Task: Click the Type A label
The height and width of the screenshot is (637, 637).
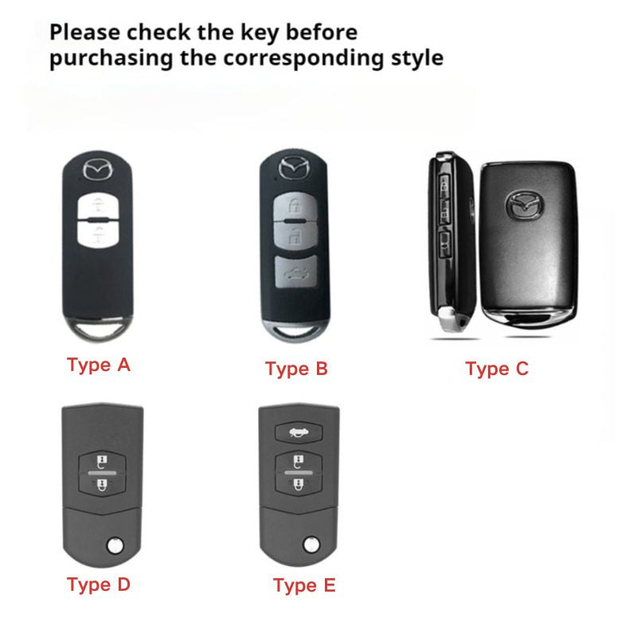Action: click(98, 365)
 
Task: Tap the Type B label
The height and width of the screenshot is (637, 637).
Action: click(296, 369)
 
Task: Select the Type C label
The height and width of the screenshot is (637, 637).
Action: click(497, 369)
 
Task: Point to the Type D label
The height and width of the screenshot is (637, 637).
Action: click(98, 584)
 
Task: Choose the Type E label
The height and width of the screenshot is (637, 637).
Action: click(304, 586)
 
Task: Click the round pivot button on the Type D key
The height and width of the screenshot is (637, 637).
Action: click(115, 545)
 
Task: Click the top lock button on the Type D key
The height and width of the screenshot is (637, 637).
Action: click(105, 462)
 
